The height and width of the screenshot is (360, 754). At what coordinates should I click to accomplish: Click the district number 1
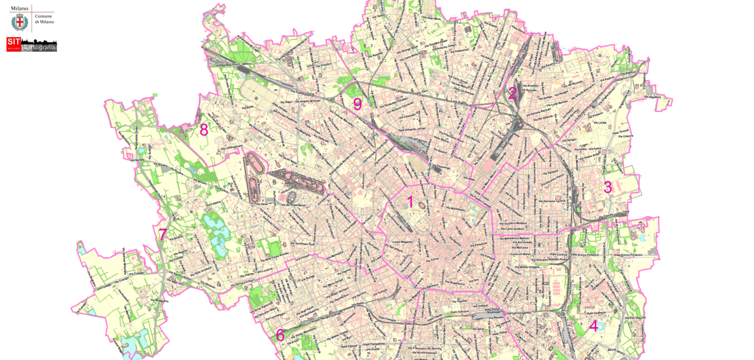410,202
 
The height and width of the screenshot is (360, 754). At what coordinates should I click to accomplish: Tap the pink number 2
512,93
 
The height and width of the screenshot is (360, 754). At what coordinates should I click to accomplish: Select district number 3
608,187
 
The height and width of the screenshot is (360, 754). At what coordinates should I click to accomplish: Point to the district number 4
593,326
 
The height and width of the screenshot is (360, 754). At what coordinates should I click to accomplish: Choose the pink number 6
280,335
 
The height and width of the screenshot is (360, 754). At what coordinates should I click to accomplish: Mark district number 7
162,235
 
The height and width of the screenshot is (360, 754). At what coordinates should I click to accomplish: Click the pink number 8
204,130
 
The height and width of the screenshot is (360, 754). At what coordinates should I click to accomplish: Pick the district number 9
357,104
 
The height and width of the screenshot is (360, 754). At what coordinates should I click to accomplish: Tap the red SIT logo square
14,44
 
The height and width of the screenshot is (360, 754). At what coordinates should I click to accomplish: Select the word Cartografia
39,47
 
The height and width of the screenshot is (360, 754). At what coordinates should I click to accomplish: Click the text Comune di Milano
44,19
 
